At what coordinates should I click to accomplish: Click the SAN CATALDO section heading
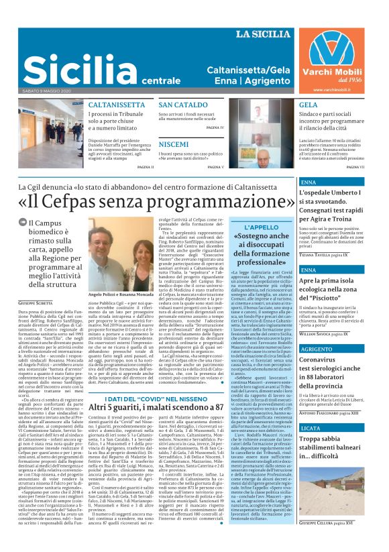[x=183, y=105]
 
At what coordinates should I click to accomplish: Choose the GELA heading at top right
[x=309, y=105]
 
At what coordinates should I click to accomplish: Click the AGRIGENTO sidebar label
[x=317, y=349]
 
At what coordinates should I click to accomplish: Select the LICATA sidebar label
[x=311, y=427]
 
